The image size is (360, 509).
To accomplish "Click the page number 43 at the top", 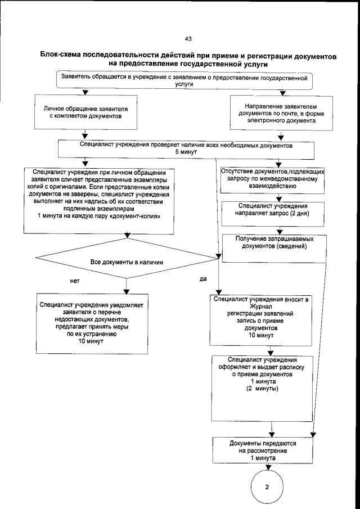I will pos(188,38).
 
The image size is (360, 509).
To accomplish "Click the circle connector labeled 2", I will pos(267,487).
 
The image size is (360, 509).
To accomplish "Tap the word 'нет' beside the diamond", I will pos(74,278).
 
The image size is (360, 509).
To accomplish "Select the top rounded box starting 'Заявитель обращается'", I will pos(185,80).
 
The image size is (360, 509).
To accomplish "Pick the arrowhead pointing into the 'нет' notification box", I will pos(126,291).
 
